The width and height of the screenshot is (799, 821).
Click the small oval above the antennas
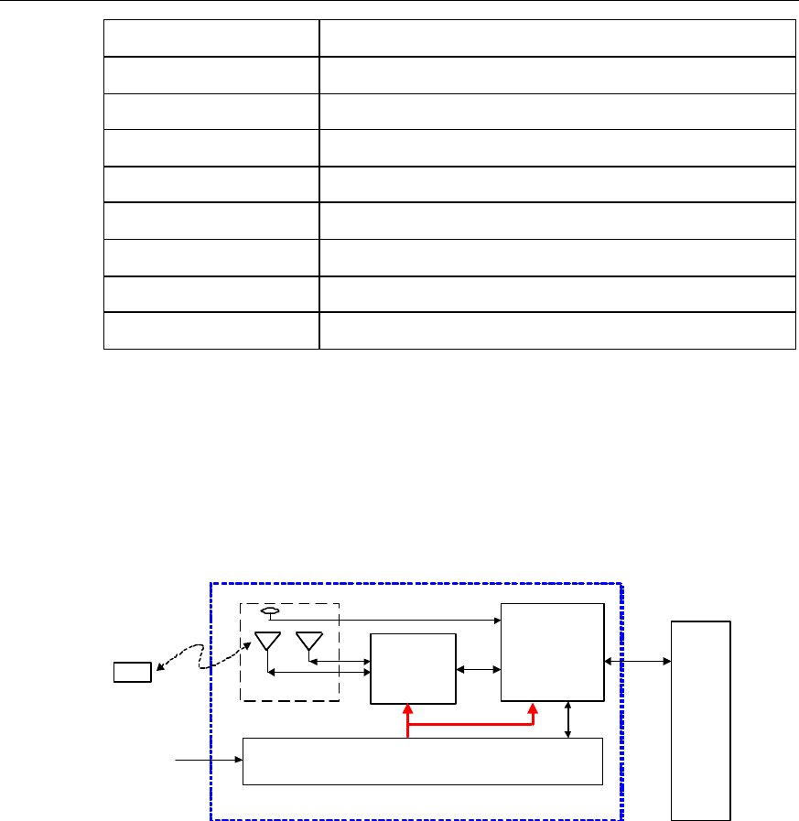pos(270,611)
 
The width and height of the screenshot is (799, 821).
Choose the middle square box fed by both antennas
pos(412,668)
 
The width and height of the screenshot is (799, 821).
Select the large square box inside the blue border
pos(553,652)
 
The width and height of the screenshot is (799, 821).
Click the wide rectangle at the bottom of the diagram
pos(422,761)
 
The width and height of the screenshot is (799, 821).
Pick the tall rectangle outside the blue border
pos(701,720)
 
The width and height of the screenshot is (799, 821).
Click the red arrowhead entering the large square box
pos(533,710)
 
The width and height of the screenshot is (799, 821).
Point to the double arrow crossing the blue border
pos(638,660)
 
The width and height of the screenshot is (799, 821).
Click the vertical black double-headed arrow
pos(569,719)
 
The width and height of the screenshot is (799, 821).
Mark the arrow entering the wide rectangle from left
pos(209,759)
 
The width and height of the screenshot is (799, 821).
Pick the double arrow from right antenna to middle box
pos(340,659)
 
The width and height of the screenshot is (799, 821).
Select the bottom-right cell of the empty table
pos(556,330)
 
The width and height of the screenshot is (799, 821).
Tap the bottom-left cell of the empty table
pos(211,330)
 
